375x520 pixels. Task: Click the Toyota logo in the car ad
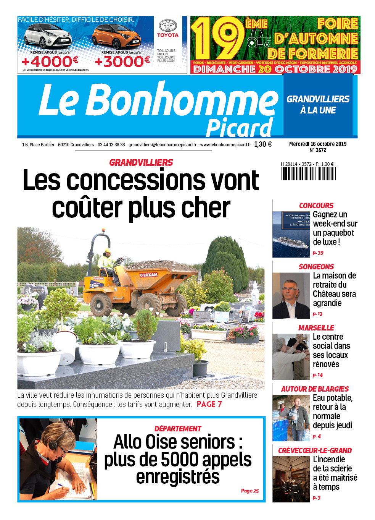click(168, 26)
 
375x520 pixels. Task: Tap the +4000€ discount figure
click(50, 62)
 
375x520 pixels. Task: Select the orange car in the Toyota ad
click(116, 37)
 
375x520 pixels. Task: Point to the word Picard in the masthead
click(239, 128)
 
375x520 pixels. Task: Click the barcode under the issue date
click(308, 174)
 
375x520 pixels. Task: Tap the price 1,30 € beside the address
click(263, 144)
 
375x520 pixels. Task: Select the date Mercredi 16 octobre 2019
click(318, 144)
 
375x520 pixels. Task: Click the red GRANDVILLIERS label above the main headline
click(141, 163)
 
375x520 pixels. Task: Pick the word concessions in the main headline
click(163, 180)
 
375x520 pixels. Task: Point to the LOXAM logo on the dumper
click(149, 275)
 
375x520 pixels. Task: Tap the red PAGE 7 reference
click(209, 404)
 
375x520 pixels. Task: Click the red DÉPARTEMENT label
click(178, 429)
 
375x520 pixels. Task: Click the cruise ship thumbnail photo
click(291, 234)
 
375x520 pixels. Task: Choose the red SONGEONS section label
click(316, 267)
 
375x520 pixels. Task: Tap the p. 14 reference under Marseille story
click(317, 375)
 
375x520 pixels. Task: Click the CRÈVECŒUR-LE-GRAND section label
click(315, 450)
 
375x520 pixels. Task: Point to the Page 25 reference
click(249, 491)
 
